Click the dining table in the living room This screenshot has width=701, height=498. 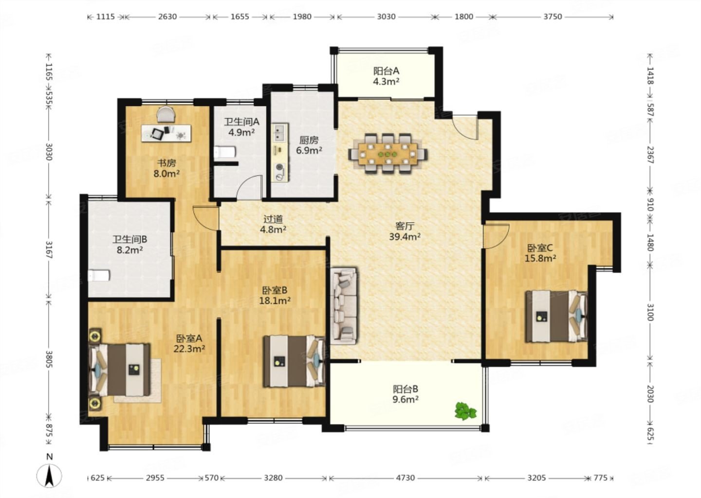coord(387,154)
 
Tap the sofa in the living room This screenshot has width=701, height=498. coord(344,306)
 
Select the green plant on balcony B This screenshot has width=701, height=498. coord(466,410)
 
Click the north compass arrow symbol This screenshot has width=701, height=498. coord(49,476)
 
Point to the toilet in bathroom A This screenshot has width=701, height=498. coord(224,152)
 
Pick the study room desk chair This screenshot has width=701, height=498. coord(166,114)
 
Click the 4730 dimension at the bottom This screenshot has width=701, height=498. coord(406,478)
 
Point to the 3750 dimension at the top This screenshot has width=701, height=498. coord(553,17)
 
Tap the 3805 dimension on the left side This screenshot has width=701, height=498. coord(49,359)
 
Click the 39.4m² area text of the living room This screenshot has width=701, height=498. coord(405,237)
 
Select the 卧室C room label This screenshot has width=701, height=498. coord(540,248)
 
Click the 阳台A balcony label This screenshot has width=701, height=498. coord(386,71)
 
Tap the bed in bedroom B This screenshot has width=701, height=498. coord(294,361)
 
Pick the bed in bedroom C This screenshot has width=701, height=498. coord(556,317)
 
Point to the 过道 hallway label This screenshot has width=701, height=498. coord(273,219)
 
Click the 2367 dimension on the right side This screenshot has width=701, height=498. coord(650,155)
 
